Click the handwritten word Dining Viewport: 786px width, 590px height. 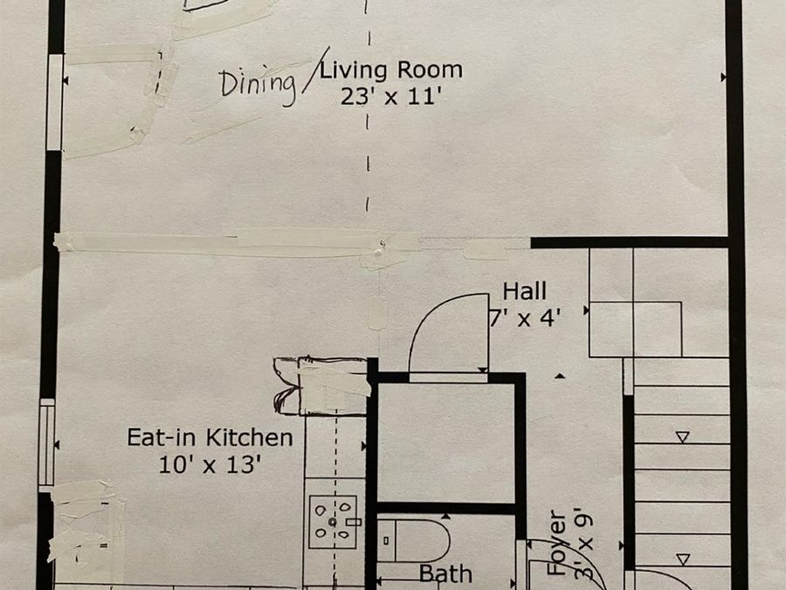coord(258,86)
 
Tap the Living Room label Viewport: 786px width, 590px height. coord(391,70)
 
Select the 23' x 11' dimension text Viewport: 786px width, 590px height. coord(391,96)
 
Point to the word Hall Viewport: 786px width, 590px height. coord(524,291)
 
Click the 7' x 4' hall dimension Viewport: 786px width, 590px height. coord(524,317)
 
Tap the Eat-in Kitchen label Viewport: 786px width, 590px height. coord(210,438)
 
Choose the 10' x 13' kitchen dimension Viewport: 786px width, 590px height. coord(210,465)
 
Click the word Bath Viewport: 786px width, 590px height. coord(445,574)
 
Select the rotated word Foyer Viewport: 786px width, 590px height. coord(556,543)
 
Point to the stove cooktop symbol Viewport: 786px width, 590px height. coord(333,522)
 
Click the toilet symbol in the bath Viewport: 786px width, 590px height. coord(413,541)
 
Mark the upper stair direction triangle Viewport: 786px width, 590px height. coord(682,437)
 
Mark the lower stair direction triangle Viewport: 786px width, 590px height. coord(682,559)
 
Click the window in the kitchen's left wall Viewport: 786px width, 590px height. coord(46,442)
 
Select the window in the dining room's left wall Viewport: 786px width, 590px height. coord(55,102)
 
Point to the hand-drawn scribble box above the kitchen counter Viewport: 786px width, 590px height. coord(321,385)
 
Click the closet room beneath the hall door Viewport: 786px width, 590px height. coord(446,442)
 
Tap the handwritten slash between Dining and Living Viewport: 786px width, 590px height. coord(316,70)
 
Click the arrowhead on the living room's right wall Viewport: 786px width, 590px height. coord(723,77)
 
